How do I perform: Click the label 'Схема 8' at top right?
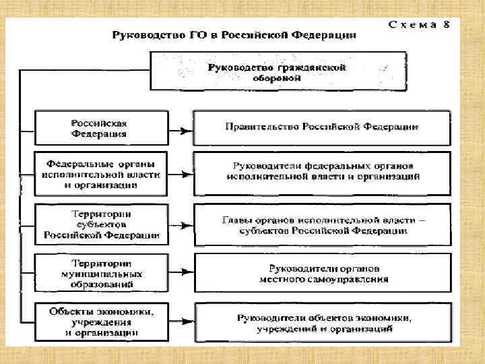pyautogui.click(x=419, y=25)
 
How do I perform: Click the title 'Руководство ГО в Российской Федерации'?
pyautogui.click(x=234, y=35)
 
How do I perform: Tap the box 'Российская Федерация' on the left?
pyautogui.click(x=100, y=128)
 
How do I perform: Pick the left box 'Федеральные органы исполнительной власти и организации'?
pyautogui.click(x=100, y=174)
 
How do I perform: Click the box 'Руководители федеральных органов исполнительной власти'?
pyautogui.click(x=322, y=171)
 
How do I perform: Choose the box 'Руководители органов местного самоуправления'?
pyautogui.click(x=322, y=273)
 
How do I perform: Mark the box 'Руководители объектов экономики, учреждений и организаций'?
pyautogui.click(x=322, y=323)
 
